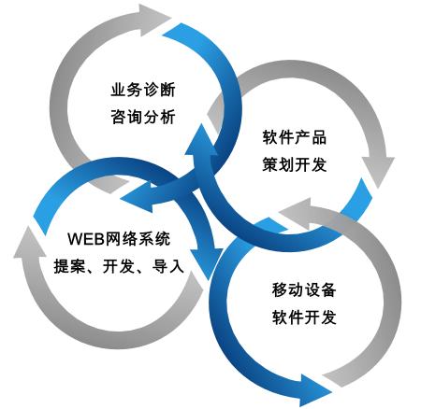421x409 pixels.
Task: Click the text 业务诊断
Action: click(143, 90)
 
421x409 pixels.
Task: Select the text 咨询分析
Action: click(143, 117)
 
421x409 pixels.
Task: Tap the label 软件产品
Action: click(295, 137)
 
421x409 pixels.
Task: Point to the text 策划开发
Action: click(295, 164)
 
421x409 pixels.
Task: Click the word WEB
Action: click(86, 239)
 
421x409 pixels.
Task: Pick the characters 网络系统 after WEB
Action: click(138, 239)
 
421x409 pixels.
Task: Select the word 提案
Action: click(69, 266)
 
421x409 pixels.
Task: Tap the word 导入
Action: click(168, 266)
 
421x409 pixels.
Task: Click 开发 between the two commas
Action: click(119, 266)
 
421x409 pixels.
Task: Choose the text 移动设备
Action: click(304, 289)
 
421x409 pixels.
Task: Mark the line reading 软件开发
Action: click(304, 317)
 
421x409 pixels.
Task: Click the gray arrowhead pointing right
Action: click(155, 20)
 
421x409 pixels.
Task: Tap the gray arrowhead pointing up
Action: click(30, 243)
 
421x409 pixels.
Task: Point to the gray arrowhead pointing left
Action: click(297, 213)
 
